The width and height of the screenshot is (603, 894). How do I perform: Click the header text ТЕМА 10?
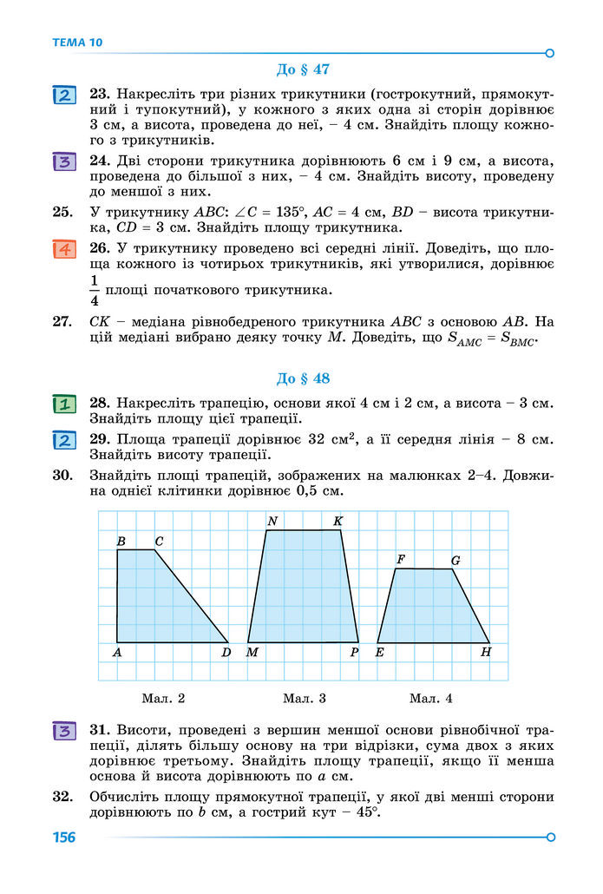tap(76, 42)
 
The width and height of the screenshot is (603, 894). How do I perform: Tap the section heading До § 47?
tap(303, 69)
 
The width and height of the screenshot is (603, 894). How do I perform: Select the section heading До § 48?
tap(303, 378)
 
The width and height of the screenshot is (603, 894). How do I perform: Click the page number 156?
tap(63, 838)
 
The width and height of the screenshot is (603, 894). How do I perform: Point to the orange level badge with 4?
tap(63, 250)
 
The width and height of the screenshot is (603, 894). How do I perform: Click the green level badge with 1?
tap(63, 404)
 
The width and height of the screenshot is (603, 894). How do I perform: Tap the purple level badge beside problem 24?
tap(63, 161)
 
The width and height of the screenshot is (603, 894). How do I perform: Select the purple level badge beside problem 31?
tap(63, 730)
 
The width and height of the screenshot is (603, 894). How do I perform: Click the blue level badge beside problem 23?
tap(63, 95)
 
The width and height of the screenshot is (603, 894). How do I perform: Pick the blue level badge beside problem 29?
tap(63, 440)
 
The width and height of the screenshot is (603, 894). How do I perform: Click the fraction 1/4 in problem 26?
tap(95, 289)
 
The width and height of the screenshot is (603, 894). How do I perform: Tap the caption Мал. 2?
tap(163, 698)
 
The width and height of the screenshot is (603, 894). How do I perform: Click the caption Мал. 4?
tap(431, 698)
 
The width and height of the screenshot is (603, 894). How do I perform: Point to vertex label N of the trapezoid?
tap(272, 521)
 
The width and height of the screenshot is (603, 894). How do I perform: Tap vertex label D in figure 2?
tap(226, 652)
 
